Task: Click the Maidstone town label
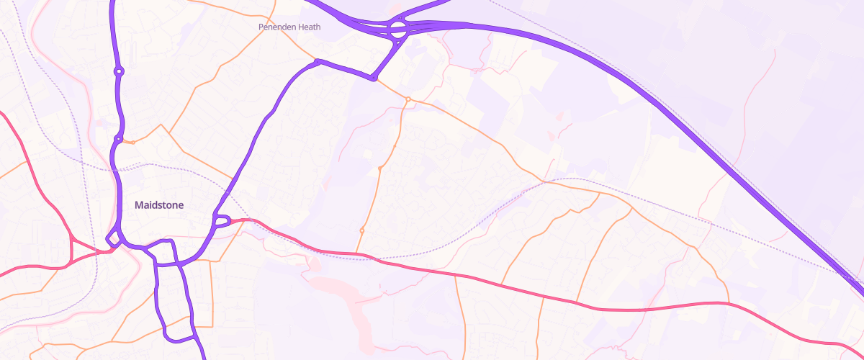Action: (159, 205)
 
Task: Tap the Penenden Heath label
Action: (289, 27)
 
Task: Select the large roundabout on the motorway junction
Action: (398, 30)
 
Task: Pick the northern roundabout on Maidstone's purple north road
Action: (119, 71)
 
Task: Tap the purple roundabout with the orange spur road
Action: (118, 139)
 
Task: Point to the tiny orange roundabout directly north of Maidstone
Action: (133, 142)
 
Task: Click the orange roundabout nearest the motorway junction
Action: (408, 99)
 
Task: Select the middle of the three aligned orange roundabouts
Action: (379, 169)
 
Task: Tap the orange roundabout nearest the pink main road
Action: (361, 230)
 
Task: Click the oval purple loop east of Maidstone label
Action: (221, 220)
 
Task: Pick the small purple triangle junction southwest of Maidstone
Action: (113, 240)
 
